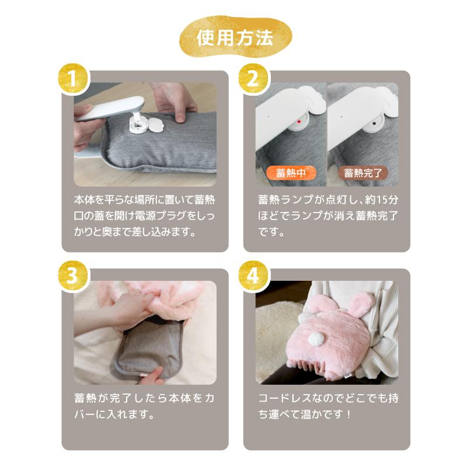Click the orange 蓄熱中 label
(291, 173)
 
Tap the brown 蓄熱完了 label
(362, 173)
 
